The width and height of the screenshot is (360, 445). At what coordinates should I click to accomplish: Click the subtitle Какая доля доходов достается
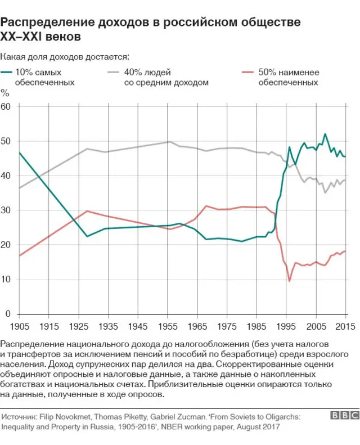(x=65, y=56)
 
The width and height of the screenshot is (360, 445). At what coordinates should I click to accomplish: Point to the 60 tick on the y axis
(x=6, y=106)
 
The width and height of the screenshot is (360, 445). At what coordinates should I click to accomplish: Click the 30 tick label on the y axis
(x=6, y=210)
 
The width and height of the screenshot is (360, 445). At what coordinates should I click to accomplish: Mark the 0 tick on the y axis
(x=8, y=314)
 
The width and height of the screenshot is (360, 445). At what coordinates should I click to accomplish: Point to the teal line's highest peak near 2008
(x=325, y=134)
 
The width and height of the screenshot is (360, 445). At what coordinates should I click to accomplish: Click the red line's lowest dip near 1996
(x=290, y=281)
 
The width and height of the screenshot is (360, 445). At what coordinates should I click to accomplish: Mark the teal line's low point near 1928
(x=87, y=236)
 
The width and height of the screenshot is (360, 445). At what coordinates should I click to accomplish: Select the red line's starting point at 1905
(x=19, y=255)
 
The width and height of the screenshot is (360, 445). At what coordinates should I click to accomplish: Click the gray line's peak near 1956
(x=170, y=142)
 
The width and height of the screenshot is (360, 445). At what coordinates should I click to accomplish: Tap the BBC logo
(x=344, y=415)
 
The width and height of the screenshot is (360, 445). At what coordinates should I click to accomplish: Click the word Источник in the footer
(x=19, y=417)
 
